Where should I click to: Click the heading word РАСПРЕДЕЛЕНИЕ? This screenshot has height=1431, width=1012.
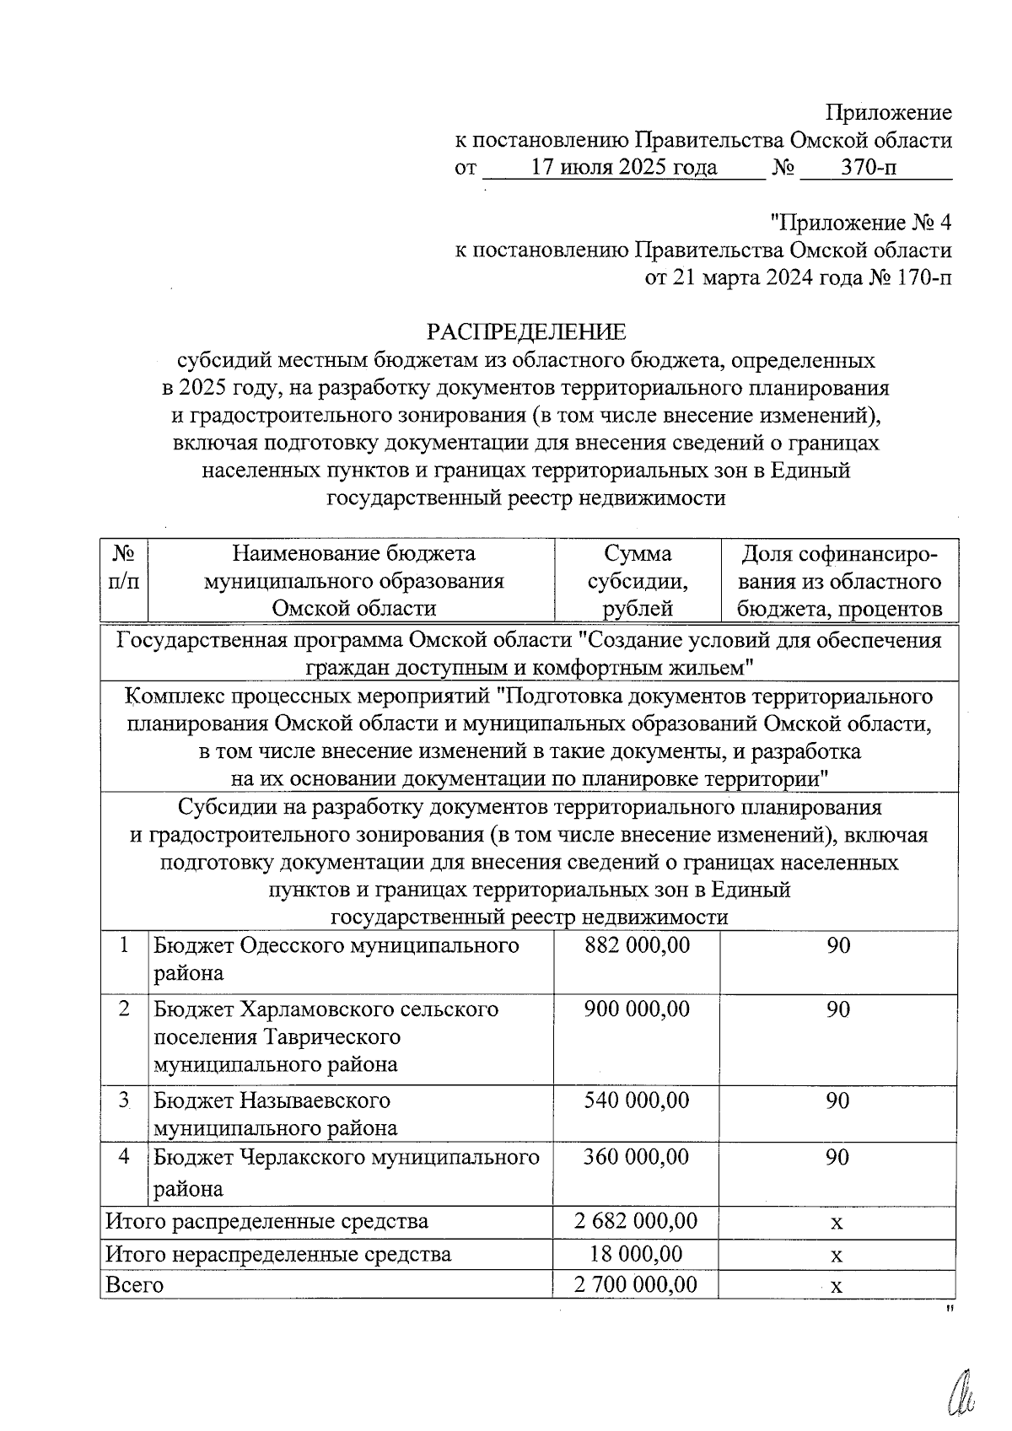tap(526, 331)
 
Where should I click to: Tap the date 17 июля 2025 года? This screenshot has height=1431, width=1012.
tap(624, 168)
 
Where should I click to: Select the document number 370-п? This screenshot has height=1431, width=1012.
tap(869, 168)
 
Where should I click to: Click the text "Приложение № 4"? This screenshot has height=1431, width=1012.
tap(861, 223)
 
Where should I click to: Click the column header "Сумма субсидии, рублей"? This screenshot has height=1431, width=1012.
tap(638, 581)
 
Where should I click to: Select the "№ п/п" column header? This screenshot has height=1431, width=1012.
tap(124, 568)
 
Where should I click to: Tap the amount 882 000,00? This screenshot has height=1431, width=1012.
tap(638, 946)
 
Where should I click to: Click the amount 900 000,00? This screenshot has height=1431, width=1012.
tap(638, 1009)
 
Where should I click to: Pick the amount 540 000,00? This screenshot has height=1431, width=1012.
tap(638, 1100)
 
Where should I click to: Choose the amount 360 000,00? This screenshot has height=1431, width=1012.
tap(638, 1157)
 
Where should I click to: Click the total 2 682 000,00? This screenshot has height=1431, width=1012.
tap(636, 1221)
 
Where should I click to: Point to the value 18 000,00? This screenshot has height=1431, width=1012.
tap(636, 1254)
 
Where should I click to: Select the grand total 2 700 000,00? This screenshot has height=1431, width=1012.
tap(636, 1285)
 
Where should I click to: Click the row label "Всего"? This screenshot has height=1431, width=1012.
tap(134, 1285)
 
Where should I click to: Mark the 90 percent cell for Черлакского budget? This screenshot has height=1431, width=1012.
tap(837, 1157)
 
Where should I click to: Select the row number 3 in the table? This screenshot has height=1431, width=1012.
tap(124, 1100)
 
